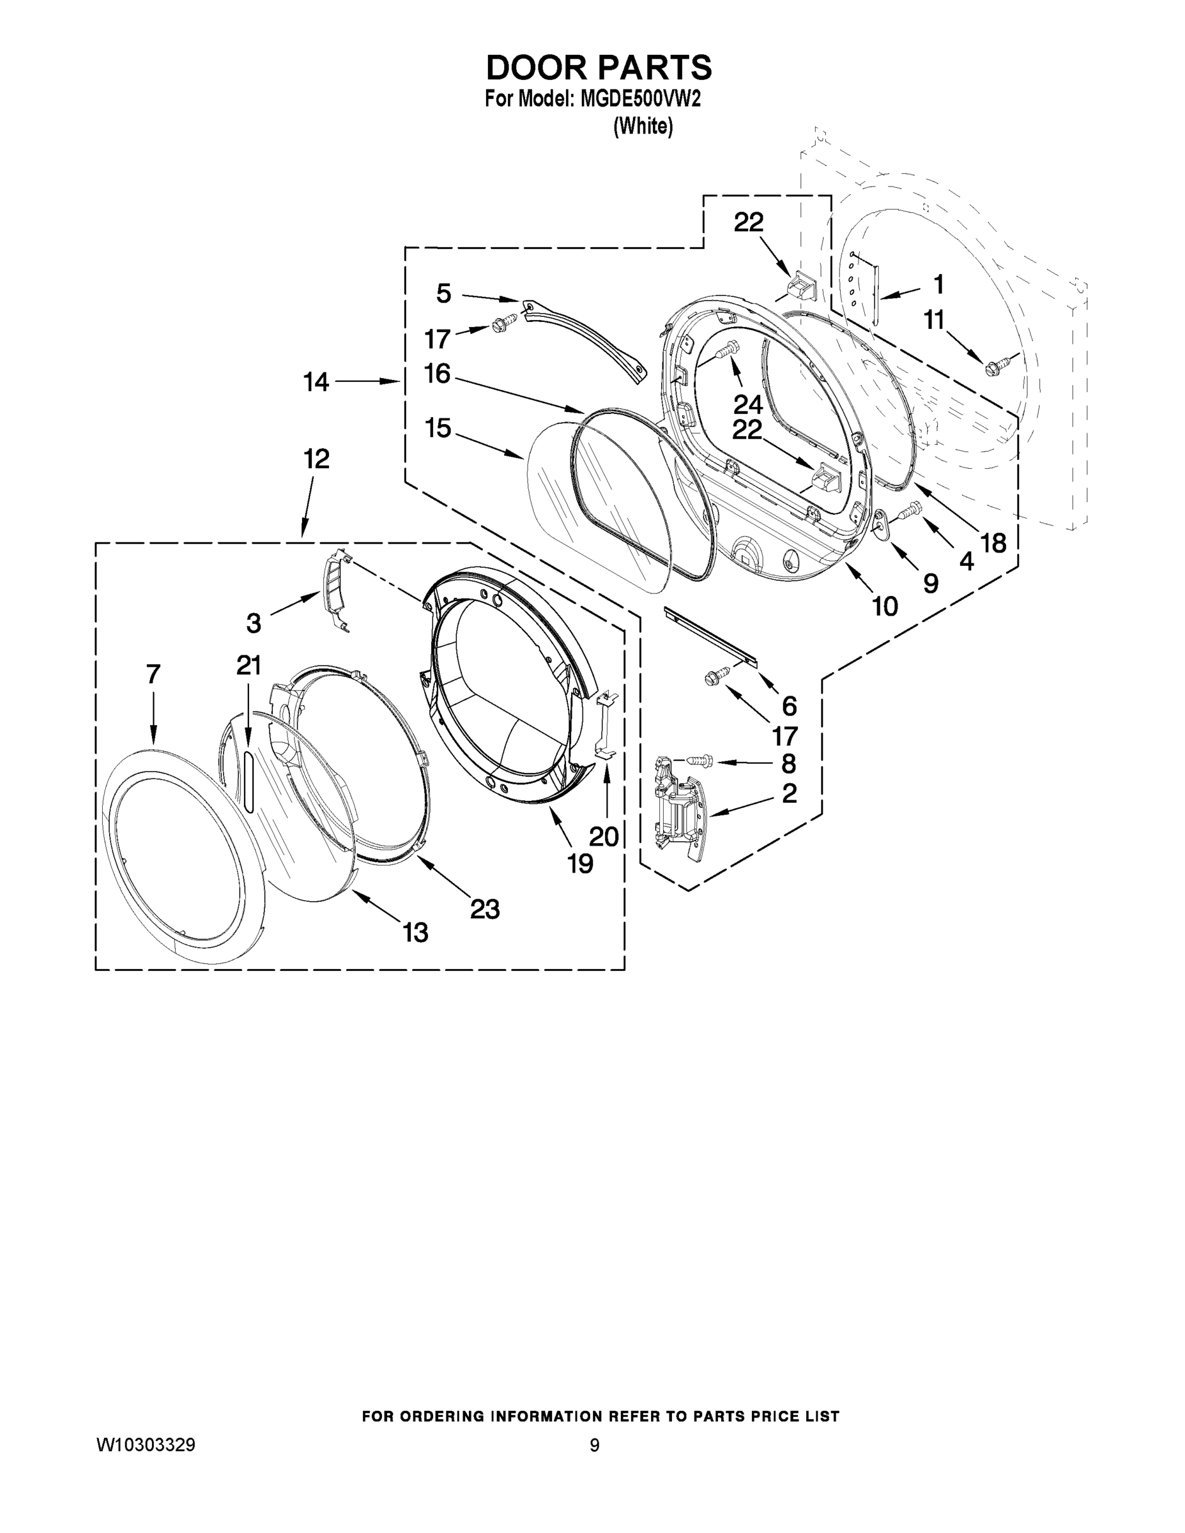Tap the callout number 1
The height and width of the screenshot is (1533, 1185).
pyautogui.click(x=938, y=284)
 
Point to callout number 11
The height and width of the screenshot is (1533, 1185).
pyautogui.click(x=934, y=320)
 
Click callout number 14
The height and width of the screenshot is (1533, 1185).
pyautogui.click(x=316, y=383)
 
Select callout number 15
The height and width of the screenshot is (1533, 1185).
pyautogui.click(x=438, y=428)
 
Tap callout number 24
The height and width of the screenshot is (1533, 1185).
pyautogui.click(x=747, y=404)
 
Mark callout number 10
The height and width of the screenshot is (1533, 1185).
pyautogui.click(x=885, y=606)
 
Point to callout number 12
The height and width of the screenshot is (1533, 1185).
pyautogui.click(x=317, y=460)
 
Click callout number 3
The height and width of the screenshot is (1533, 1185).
pyautogui.click(x=254, y=623)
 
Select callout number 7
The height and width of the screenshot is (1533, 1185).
pyautogui.click(x=154, y=675)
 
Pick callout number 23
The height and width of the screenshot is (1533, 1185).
pyautogui.click(x=484, y=909)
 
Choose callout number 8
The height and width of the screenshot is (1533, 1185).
pyautogui.click(x=788, y=763)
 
